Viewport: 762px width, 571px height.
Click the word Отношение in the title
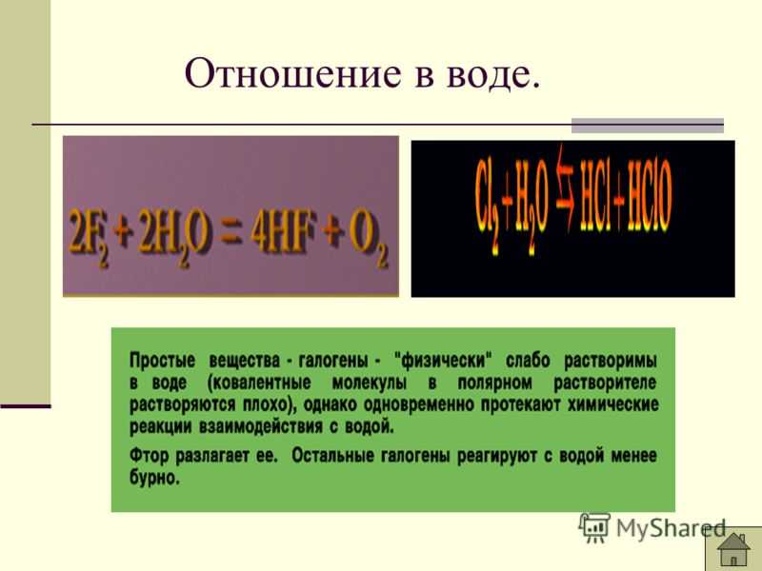point(293,73)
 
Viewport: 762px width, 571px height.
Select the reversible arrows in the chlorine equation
point(564,187)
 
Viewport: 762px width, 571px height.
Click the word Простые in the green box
point(162,361)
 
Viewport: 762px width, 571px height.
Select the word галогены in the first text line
point(332,361)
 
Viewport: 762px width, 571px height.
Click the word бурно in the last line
point(153,479)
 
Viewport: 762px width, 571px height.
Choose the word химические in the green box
point(613,404)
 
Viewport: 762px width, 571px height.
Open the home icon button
point(732,549)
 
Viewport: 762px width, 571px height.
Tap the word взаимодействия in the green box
point(260,426)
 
